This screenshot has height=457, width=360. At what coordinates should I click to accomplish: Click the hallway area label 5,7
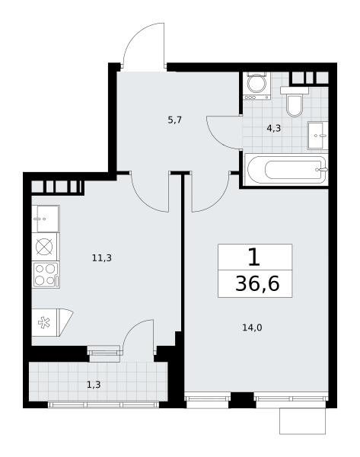pos(175,120)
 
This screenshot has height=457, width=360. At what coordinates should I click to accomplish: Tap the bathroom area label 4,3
pos(273,128)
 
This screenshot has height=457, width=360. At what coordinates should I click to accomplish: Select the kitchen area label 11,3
pos(102,257)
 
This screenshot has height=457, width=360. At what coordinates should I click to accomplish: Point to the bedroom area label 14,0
pos(252,328)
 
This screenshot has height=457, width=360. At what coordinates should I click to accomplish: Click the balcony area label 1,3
pos(94,385)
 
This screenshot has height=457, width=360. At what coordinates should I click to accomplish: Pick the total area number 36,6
pos(257,283)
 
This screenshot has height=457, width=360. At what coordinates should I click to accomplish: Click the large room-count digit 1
pos(254,257)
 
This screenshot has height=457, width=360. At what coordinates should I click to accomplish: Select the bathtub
pos(287,170)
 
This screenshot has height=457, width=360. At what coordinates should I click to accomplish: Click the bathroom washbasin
pos(317,136)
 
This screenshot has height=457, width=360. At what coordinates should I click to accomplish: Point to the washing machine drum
pos(256,83)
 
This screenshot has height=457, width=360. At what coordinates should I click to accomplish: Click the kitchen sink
pos(46,219)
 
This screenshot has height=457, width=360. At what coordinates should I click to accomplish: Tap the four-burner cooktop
pos(46,275)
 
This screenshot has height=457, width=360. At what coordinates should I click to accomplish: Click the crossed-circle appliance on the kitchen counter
pos(44,247)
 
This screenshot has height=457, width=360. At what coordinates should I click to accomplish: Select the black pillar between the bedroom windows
pos(241,400)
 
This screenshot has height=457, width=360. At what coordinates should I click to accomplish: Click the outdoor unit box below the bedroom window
pos(302,421)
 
